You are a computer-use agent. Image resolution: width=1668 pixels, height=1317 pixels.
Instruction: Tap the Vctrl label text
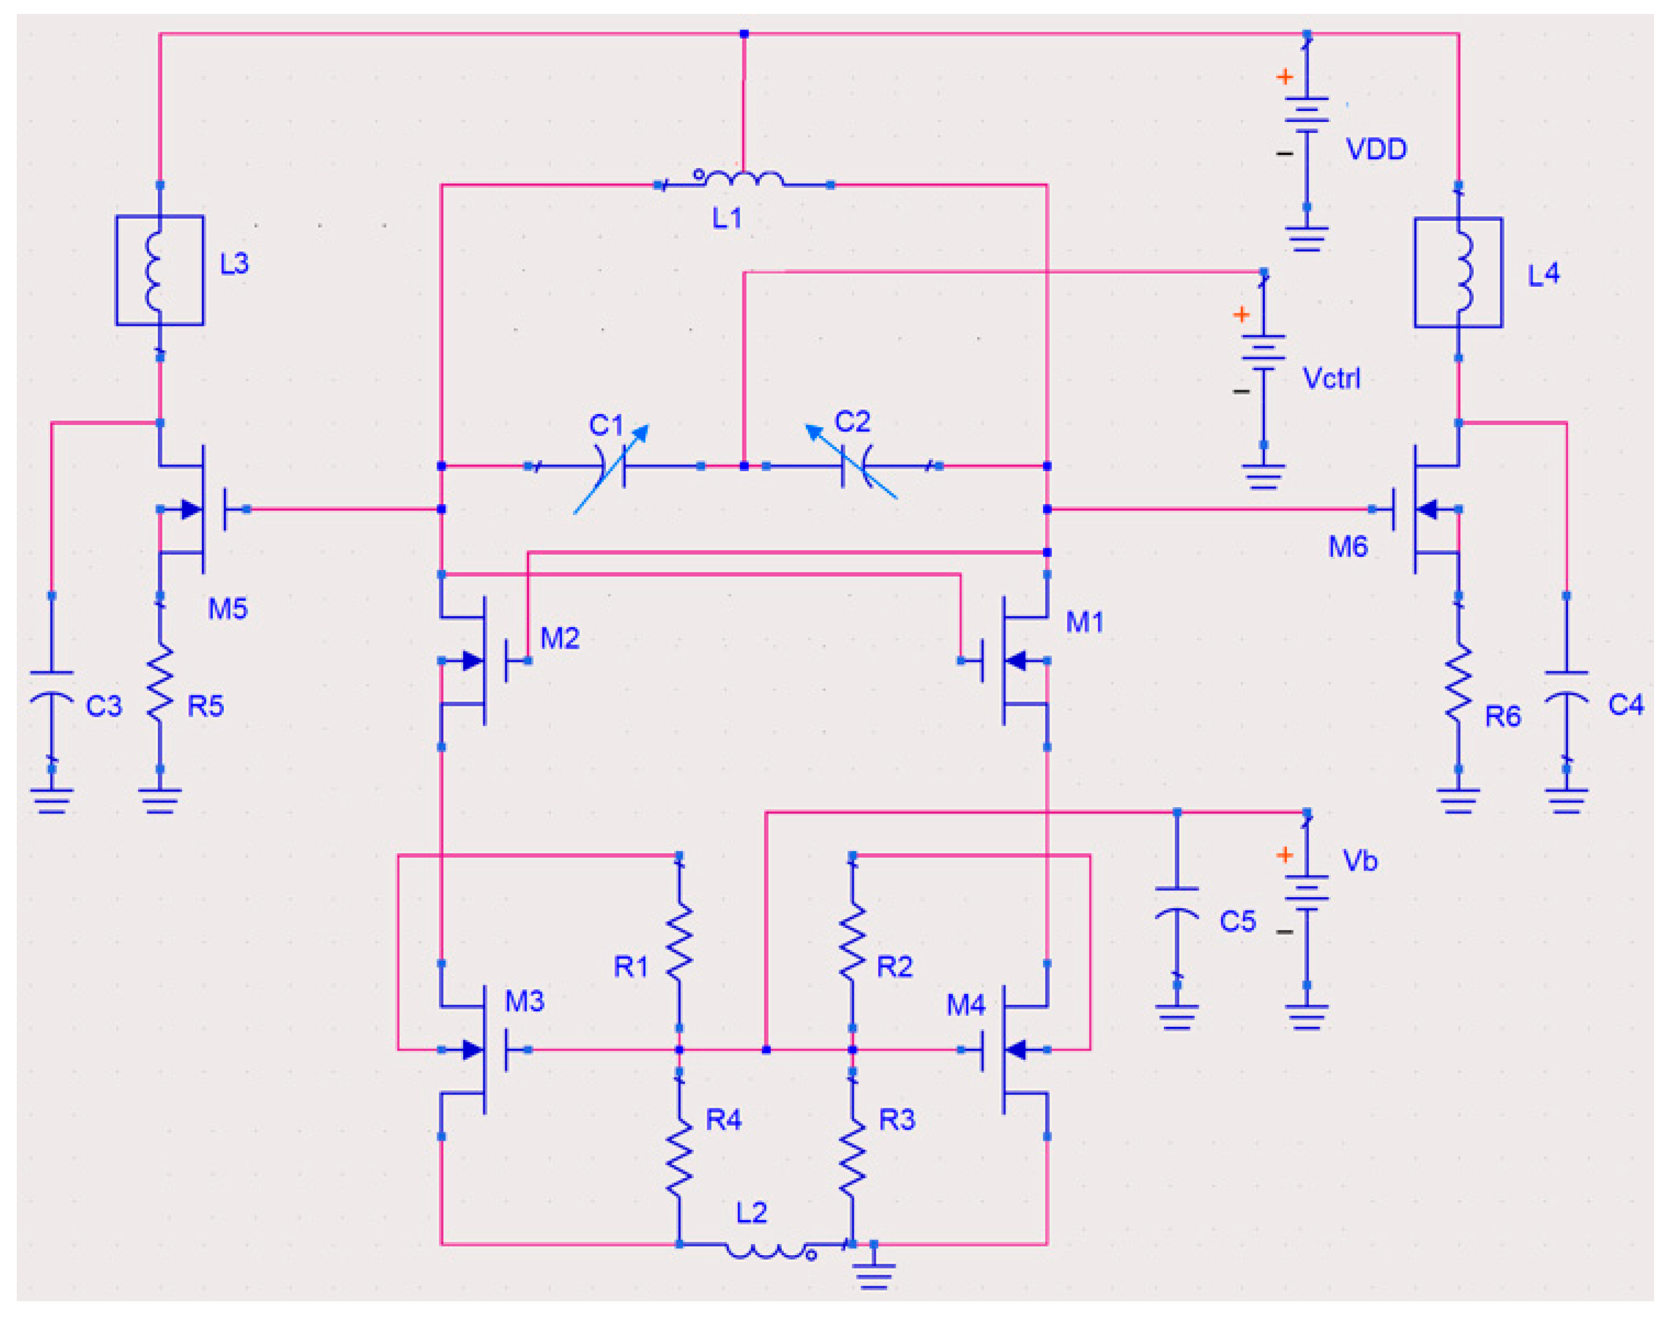[1331, 379]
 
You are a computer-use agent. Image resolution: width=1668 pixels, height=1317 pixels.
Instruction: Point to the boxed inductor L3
[160, 270]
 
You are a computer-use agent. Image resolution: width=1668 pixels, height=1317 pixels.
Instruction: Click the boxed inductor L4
[1458, 272]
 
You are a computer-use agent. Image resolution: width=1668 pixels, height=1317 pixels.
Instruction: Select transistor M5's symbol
[193, 509]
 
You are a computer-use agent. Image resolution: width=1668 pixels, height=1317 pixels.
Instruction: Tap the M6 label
[1347, 547]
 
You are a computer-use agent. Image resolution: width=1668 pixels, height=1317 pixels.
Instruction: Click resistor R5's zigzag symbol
[160, 683]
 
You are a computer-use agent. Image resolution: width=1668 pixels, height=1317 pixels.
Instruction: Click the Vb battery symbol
[1306, 894]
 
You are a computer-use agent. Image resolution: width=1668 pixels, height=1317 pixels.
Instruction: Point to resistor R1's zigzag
[679, 942]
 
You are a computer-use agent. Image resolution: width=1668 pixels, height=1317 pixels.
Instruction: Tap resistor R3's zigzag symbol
[852, 1158]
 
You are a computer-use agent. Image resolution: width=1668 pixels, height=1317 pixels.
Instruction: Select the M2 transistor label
[559, 638]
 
